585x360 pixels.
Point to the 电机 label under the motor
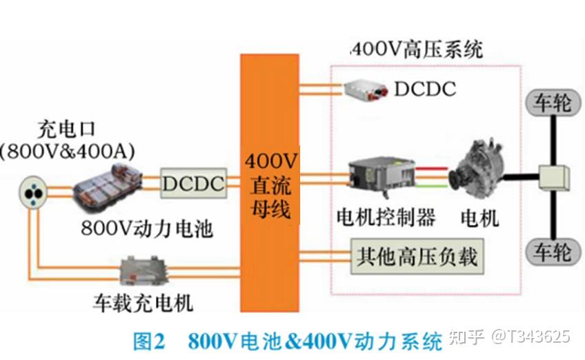[x=480, y=219]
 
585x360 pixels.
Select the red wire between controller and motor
[x=433, y=166]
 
